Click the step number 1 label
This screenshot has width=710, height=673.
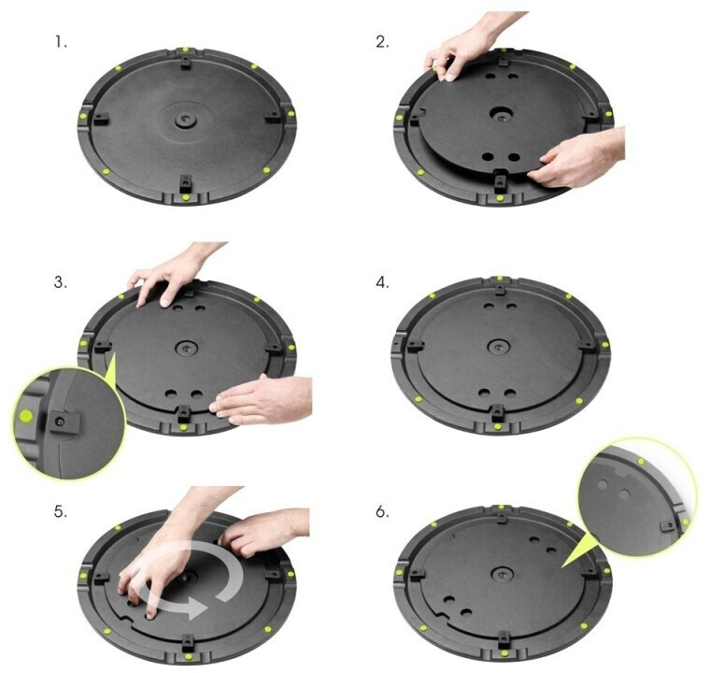(x=61, y=43)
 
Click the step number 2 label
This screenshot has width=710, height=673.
(x=382, y=42)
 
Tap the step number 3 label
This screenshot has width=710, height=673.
(x=61, y=282)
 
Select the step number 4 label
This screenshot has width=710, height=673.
(x=382, y=282)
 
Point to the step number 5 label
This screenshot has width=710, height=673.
(x=61, y=512)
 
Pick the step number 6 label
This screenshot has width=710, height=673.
(x=382, y=512)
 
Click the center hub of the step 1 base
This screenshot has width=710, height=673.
(x=185, y=120)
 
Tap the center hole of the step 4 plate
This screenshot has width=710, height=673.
(x=497, y=347)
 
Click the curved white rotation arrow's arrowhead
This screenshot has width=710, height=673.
(x=195, y=608)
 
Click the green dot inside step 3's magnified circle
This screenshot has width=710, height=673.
(x=26, y=415)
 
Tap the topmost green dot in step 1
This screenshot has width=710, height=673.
(x=185, y=50)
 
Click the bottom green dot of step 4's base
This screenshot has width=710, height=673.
(x=497, y=426)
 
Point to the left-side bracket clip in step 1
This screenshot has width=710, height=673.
(x=101, y=120)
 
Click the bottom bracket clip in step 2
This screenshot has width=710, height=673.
(x=500, y=179)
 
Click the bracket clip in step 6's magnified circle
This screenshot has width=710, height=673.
(x=668, y=525)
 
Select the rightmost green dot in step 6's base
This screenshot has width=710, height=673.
(x=606, y=570)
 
